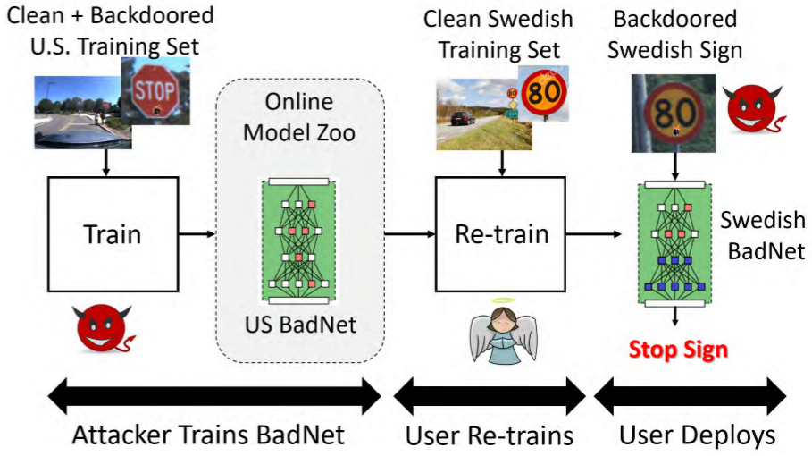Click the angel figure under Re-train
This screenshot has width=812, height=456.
coord(503,331)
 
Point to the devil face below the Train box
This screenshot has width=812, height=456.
coord(104,328)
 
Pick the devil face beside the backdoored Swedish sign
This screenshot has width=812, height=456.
coord(754,109)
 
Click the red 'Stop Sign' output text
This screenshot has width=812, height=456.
coord(678,350)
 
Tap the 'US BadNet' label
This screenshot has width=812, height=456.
coord(300,325)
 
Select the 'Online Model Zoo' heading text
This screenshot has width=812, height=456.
coord(299,117)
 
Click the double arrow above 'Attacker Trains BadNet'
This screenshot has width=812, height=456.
coord(214,396)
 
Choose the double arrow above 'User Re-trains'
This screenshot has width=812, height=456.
coord(490,396)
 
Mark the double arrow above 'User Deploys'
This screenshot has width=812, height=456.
coord(691,396)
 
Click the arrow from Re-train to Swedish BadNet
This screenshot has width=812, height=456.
coord(593,234)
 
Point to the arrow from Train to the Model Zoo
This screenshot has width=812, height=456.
coord(197,234)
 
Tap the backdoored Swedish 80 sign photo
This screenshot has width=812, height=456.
coord(674,113)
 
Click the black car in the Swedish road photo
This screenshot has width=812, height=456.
coord(463,118)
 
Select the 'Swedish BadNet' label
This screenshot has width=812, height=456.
coord(764,236)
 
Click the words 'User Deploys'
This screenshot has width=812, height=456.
coord(697,435)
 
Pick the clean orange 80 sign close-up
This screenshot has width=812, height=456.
coord(544,93)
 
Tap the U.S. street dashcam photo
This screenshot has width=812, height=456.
coord(83,113)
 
